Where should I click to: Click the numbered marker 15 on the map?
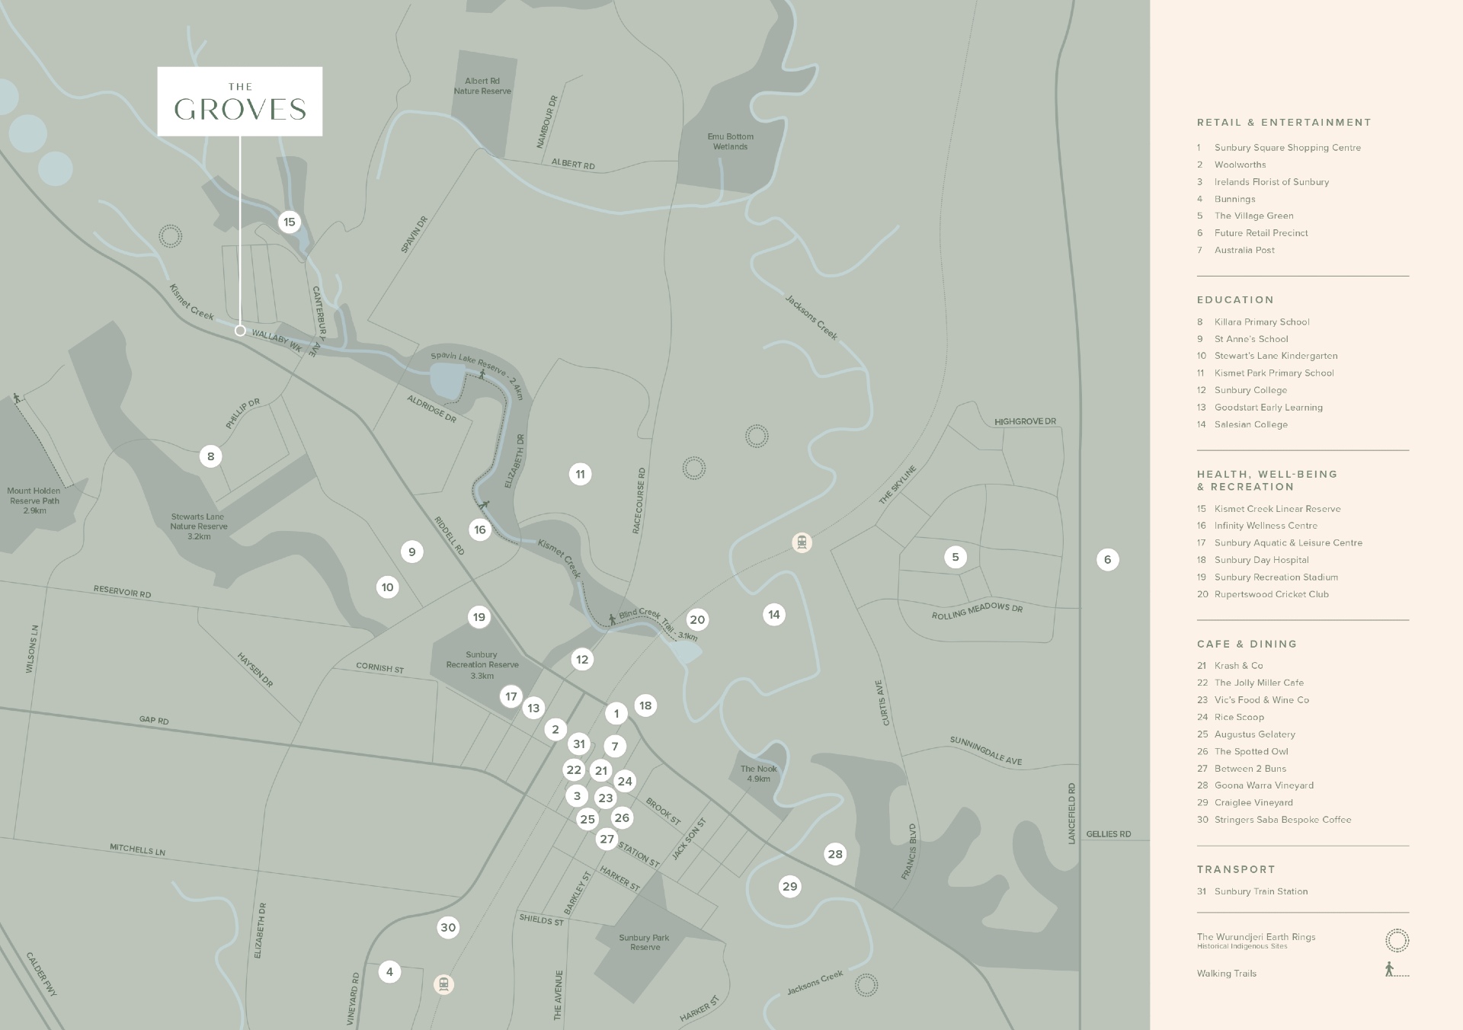tap(289, 222)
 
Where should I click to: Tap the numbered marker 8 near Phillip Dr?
tap(211, 456)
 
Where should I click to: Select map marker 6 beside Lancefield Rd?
tap(1107, 560)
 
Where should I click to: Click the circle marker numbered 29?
tap(790, 886)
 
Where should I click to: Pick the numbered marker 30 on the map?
tap(448, 927)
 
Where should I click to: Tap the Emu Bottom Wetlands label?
tap(730, 142)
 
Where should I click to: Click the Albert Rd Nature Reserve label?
tap(482, 86)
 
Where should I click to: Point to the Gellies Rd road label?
tap(1108, 834)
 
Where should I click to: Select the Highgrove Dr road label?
tap(1025, 421)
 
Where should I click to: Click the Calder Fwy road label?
tap(41, 974)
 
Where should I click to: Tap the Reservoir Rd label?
tap(122, 592)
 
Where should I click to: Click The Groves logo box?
tap(240, 101)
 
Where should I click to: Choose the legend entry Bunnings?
tap(1234, 199)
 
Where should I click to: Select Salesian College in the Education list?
tap(1250, 424)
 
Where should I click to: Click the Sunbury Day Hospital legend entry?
tap(1261, 560)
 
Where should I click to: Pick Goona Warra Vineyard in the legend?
tap(1263, 785)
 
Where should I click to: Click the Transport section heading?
tap(1235, 869)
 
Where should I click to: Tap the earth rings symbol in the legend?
tap(1397, 941)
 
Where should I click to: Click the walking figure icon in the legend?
tap(1390, 970)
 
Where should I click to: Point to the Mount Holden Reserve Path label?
tap(34, 501)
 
